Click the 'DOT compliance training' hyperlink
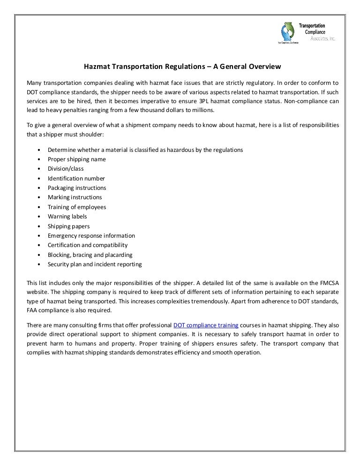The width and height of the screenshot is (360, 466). point(206,325)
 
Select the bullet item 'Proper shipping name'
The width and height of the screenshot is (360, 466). point(76,159)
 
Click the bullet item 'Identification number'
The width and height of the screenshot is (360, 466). point(76,178)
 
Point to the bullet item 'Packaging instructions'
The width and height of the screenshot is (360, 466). point(77,188)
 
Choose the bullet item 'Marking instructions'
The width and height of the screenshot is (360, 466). point(75,197)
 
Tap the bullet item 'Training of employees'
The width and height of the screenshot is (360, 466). point(77,207)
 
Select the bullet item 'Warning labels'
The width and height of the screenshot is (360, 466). point(67,216)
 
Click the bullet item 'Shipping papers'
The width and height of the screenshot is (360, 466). point(68,226)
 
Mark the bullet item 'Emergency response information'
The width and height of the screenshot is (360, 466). point(91,235)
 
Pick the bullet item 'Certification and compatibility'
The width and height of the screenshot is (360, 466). point(87,245)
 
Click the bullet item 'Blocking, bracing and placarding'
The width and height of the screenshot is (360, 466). point(90,255)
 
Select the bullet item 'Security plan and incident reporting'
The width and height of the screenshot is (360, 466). point(95,264)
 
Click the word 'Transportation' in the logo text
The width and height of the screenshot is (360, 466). point(312,25)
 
